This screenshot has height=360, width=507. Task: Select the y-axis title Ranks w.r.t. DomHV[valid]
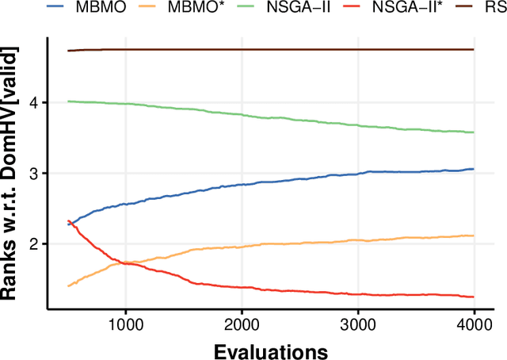coord(13,174)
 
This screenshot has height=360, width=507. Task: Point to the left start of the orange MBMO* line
coord(69,285)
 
